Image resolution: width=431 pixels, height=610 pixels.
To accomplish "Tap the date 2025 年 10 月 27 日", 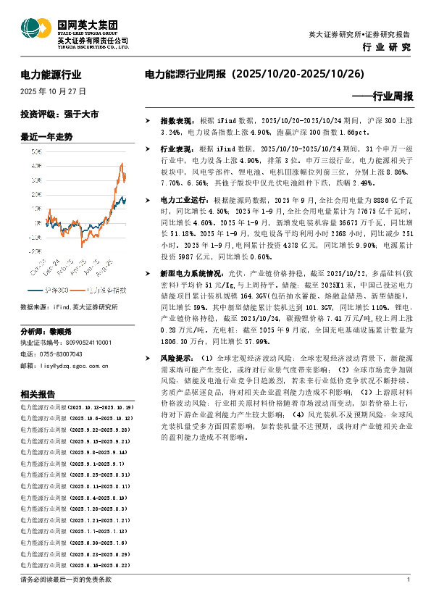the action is pos(54,92).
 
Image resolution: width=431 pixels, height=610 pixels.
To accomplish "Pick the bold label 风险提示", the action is pos(175,358).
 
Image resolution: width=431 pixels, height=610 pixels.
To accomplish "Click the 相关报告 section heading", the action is pos(38,394).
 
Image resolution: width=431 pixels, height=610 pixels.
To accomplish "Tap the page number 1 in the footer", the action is pos(409,580).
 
